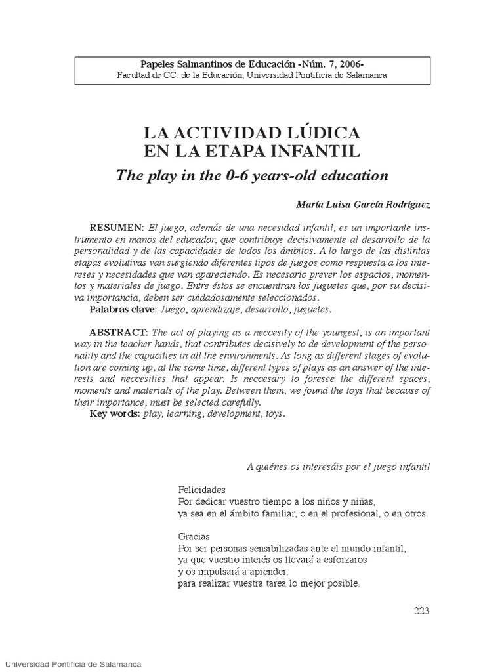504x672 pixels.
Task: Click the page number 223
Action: pos(421,611)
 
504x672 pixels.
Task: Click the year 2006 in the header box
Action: pos(350,64)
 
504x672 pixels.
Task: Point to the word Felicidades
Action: pos(201,490)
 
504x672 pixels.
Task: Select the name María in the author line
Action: pos(310,204)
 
